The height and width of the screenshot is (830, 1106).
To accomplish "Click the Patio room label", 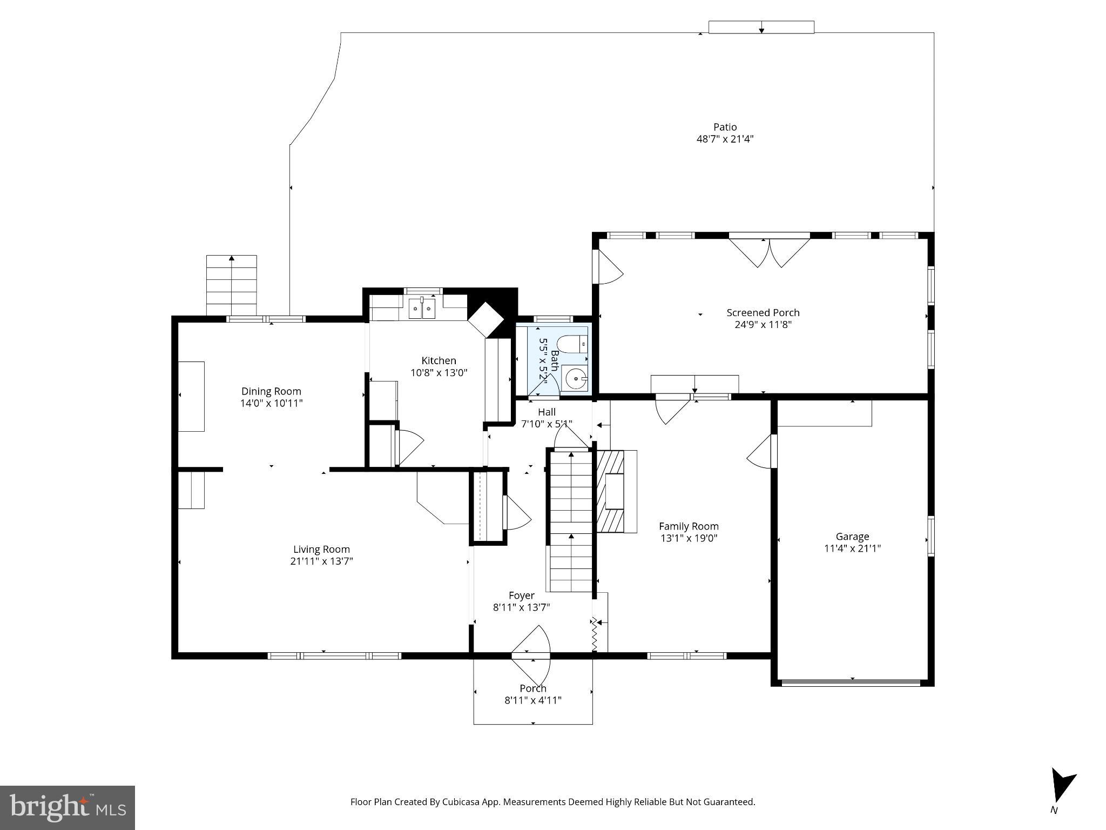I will (725, 127).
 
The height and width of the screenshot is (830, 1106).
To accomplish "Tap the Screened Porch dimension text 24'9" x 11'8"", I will (763, 324).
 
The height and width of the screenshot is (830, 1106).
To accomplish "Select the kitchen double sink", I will (422, 309).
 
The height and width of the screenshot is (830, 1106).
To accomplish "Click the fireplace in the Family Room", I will (615, 491).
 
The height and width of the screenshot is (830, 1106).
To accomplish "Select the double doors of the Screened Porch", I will (770, 252).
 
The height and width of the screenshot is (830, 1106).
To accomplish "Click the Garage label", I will (852, 537).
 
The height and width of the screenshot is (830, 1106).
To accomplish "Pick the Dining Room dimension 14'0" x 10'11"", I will (271, 403).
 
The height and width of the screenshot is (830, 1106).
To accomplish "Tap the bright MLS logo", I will (68, 808).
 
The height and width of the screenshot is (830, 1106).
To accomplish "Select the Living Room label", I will (321, 550).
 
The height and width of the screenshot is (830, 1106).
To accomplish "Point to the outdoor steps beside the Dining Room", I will (231, 285).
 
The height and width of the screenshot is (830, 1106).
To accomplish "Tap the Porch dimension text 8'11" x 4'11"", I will (532, 700).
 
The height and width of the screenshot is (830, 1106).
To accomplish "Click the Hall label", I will (547, 412).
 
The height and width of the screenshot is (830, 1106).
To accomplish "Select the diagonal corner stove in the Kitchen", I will (485, 320).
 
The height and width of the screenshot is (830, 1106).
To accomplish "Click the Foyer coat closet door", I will (516, 513).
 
